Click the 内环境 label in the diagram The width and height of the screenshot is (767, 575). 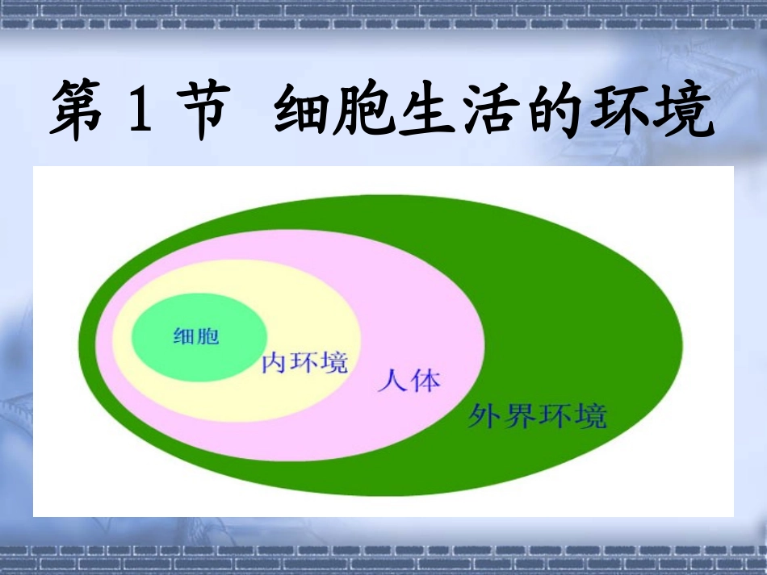(304, 364)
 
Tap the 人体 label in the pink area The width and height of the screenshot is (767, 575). (409, 381)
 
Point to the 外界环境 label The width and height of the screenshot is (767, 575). (537, 417)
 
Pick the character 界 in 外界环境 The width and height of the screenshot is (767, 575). (520, 417)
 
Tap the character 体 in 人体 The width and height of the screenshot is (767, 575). (425, 381)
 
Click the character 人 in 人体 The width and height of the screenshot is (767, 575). (393, 381)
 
